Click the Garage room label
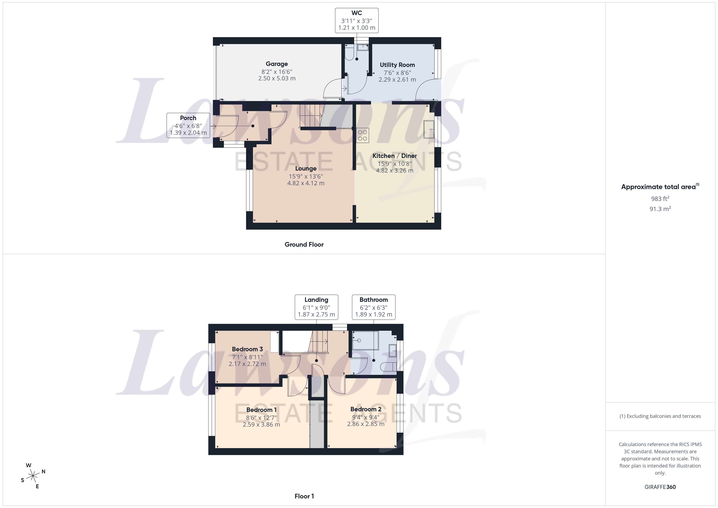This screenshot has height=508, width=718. pyautogui.click(x=276, y=64)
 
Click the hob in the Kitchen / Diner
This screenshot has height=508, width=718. pyautogui.click(x=362, y=135)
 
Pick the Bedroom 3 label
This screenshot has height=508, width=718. pyautogui.click(x=247, y=349)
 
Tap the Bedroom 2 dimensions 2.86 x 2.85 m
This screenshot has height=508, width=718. pyautogui.click(x=366, y=424)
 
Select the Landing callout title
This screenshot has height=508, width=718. pyautogui.click(x=316, y=300)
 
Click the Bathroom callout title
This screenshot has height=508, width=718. pyautogui.click(x=373, y=300)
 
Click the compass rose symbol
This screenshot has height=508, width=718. pyautogui.click(x=33, y=476)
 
